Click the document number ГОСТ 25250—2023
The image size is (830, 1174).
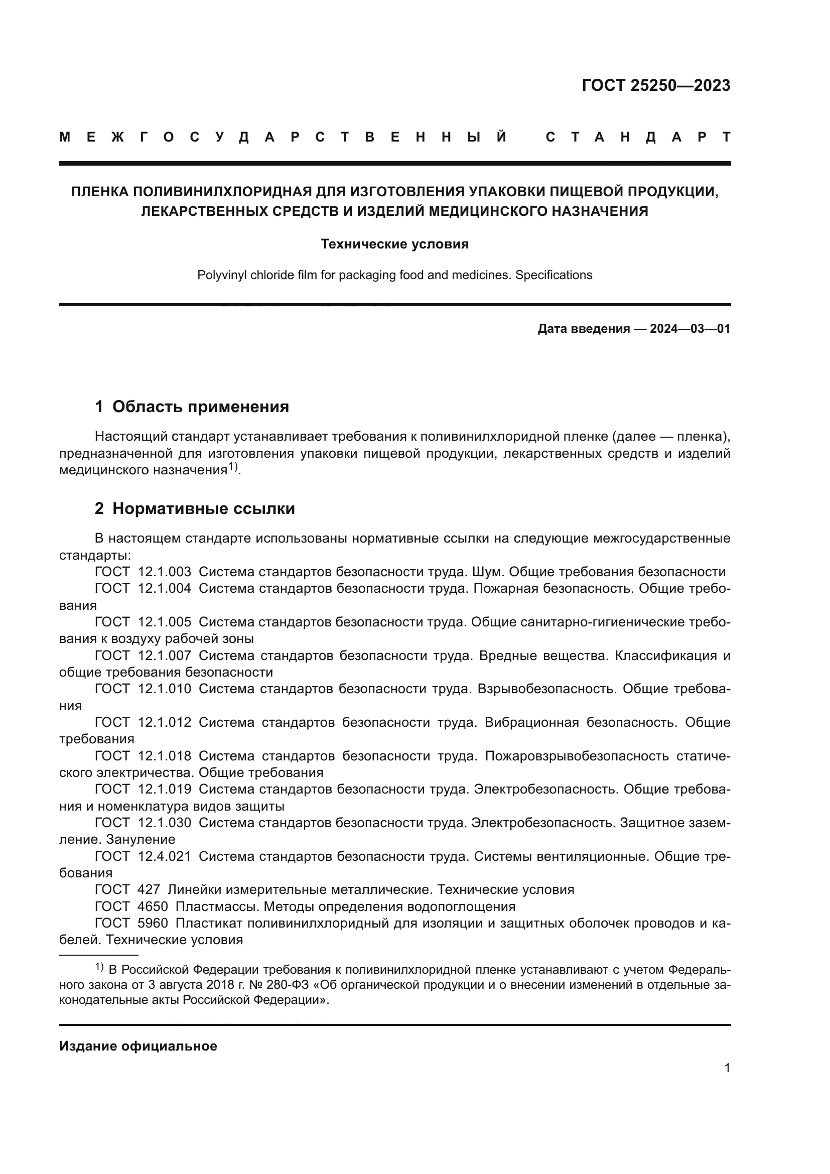tap(656, 85)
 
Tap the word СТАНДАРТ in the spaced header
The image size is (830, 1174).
tap(638, 138)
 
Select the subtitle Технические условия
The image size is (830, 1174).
tap(394, 244)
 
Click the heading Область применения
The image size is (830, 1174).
tap(200, 407)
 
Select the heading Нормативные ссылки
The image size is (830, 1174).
tap(203, 509)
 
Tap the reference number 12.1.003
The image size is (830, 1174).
tap(165, 572)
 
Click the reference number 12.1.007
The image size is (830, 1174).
tap(165, 656)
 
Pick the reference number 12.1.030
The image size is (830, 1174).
tap(165, 823)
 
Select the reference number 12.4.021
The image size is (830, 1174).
tap(165, 856)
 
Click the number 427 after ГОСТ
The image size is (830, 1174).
tap(149, 890)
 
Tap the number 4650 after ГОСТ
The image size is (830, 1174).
tap(153, 907)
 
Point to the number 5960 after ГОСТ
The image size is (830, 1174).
tap(153, 924)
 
